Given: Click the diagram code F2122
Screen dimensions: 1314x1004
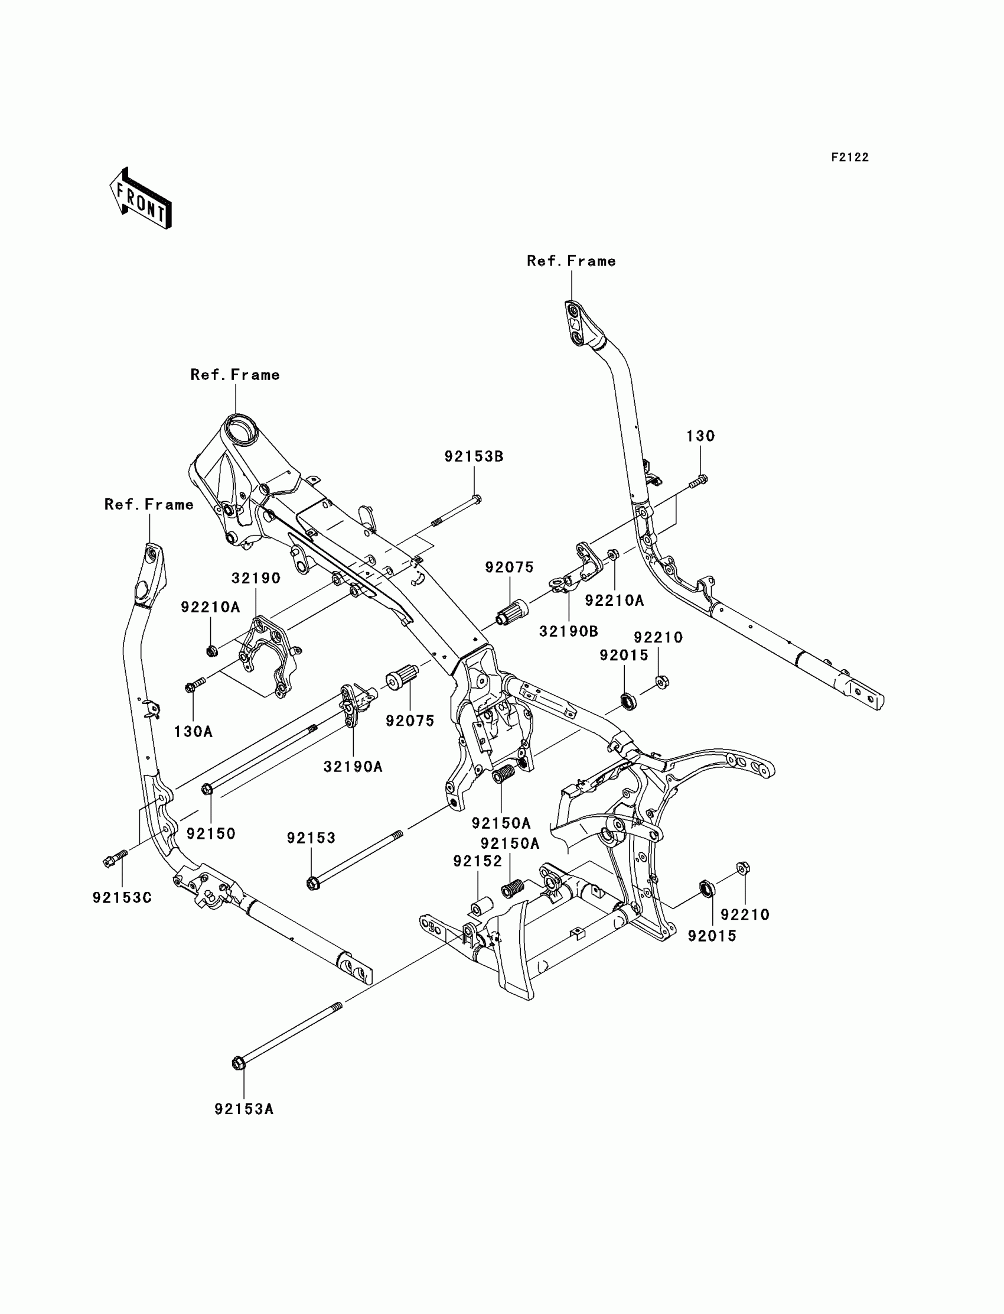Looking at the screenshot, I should point(849,157).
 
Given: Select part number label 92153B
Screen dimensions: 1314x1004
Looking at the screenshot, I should point(473,457).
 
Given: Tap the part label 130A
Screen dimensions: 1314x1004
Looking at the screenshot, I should point(193,731).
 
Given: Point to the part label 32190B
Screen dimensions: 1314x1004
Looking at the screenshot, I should point(568,631).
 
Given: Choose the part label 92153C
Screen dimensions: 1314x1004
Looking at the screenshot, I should point(122,898).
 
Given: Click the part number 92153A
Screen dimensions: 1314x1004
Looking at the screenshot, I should point(244,1109).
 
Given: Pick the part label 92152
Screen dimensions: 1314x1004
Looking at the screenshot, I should point(478,861).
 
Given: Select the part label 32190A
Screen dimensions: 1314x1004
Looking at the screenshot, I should point(353,767).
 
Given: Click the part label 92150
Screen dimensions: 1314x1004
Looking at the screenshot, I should point(211,833).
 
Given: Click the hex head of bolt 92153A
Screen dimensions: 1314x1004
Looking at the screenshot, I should point(238,1064).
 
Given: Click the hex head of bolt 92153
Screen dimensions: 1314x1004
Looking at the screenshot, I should point(312,883).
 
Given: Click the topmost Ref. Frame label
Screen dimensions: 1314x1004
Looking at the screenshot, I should point(571,261).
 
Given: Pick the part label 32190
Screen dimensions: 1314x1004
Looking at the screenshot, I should point(256,578).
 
